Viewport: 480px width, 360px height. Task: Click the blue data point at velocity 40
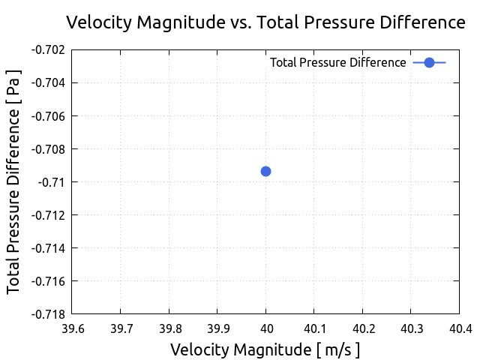265,171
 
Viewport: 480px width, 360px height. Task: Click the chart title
265,22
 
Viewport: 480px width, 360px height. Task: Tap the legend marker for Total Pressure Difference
429,62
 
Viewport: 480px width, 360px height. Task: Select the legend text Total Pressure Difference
337,62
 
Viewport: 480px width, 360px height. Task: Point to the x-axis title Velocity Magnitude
265,349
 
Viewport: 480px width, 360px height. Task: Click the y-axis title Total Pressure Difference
14,181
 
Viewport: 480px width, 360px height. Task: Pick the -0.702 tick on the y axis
47,50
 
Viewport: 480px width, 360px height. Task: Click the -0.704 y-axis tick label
47,83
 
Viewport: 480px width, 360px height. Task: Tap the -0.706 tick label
47,116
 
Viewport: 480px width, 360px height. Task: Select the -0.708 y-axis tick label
47,149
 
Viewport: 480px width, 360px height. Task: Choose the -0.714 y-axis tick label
47,248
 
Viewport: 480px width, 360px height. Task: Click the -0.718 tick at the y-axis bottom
47,314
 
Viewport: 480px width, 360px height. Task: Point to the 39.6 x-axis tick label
73,328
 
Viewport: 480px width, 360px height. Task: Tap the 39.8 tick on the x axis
169,328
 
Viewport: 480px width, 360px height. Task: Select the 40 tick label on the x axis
265,328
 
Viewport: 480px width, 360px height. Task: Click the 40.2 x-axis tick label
362,328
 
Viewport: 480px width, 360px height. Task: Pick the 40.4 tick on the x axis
458,328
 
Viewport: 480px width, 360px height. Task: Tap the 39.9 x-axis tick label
217,328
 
